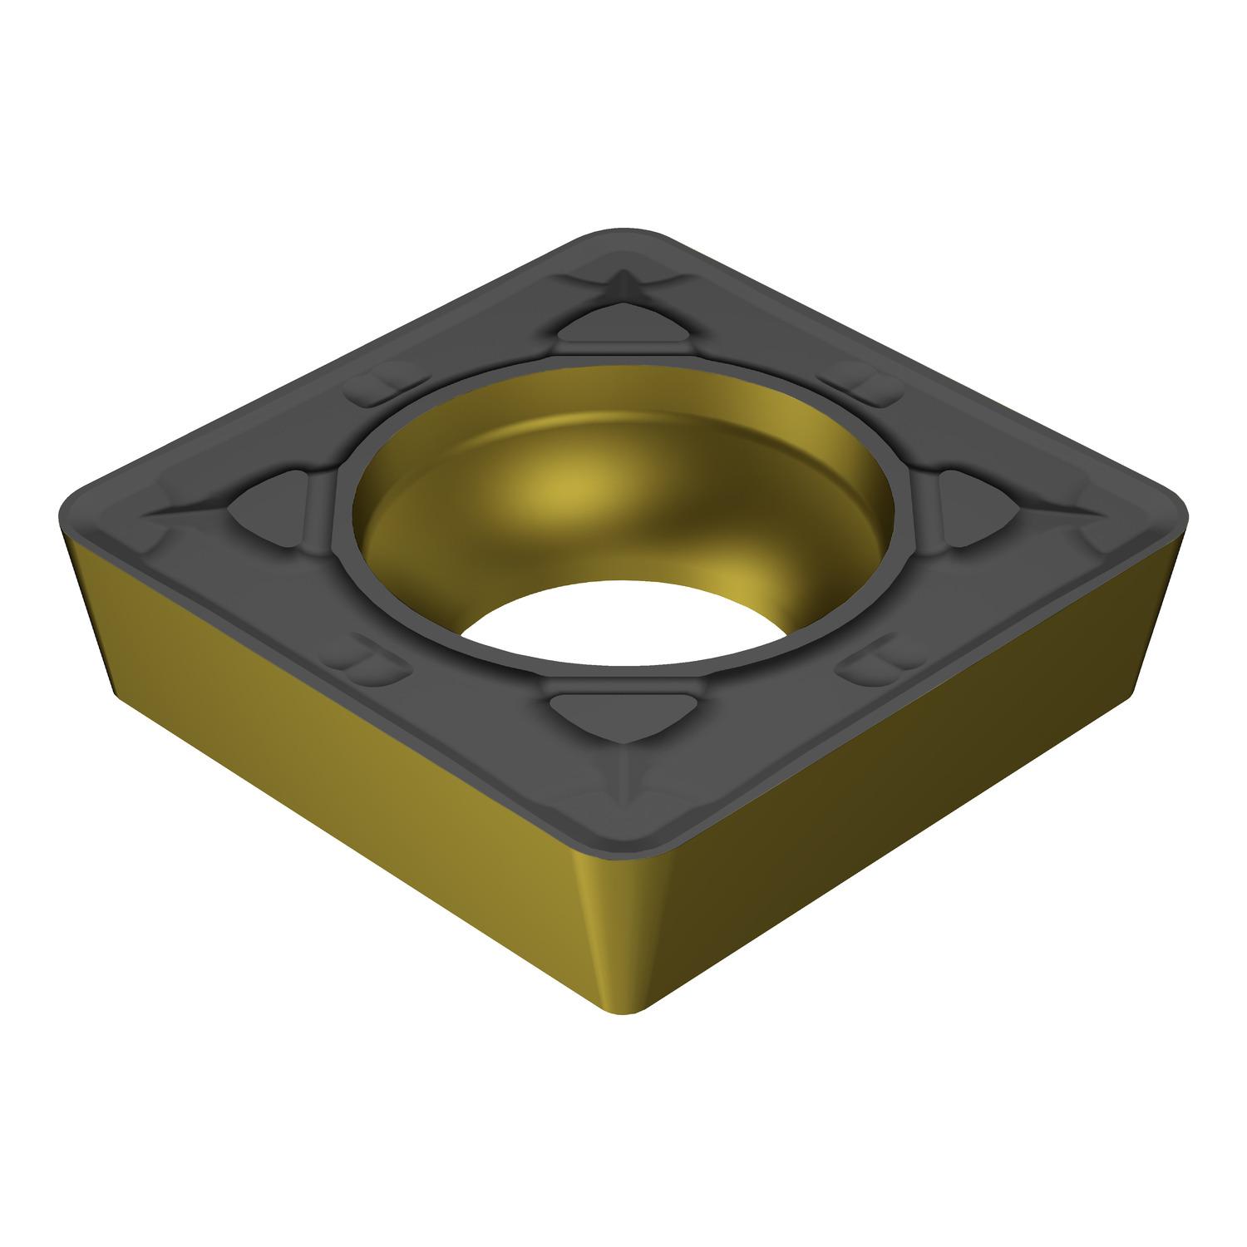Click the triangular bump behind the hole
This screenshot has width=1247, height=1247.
pos(622,325)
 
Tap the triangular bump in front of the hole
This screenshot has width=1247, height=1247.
pos(622,712)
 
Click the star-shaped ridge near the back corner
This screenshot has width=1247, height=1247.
pos(622,279)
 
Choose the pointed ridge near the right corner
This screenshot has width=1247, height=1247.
pos(1072,509)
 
